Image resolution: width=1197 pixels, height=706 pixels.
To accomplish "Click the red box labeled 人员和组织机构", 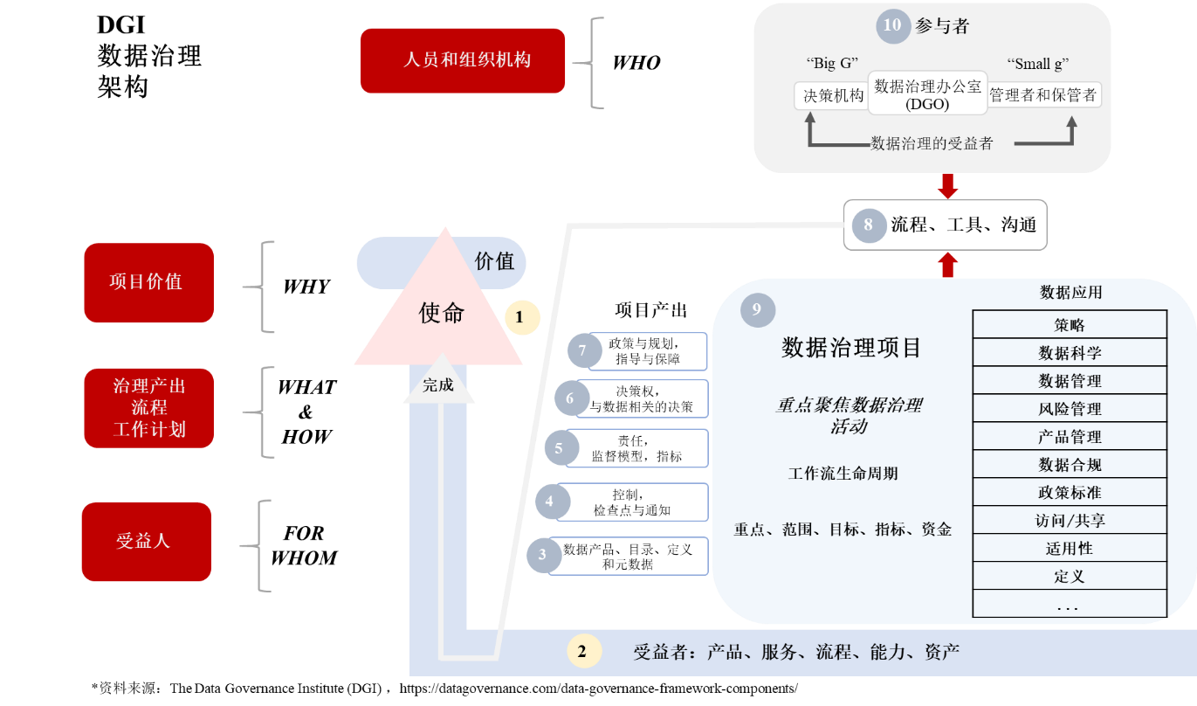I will pyautogui.click(x=463, y=60).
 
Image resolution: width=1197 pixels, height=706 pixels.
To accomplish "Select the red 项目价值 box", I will pyautogui.click(x=148, y=282).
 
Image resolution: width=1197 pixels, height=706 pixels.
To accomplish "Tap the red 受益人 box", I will pyautogui.click(x=146, y=541).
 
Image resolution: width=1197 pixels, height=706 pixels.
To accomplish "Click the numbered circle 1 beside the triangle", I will pyautogui.click(x=520, y=317).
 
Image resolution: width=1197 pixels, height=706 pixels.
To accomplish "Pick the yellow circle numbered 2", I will pyautogui.click(x=584, y=651).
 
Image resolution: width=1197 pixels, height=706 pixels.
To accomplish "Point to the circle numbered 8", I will pyautogui.click(x=868, y=225).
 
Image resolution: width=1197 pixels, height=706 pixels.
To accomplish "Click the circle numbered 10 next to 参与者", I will pyautogui.click(x=892, y=25).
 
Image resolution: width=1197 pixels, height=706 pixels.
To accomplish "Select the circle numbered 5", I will pyautogui.click(x=560, y=448).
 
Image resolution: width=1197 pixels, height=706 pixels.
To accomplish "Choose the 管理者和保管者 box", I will pyautogui.click(x=1044, y=95).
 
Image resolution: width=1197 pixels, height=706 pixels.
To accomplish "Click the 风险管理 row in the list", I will pyautogui.click(x=1070, y=409).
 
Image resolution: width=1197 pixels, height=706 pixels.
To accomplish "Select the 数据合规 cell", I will pyautogui.click(x=1070, y=465).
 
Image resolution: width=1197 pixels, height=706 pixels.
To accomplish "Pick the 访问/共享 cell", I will pyautogui.click(x=1070, y=521).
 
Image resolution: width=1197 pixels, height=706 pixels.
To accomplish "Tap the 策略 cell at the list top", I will pyautogui.click(x=1070, y=325).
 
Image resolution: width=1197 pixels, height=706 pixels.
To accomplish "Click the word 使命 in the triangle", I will pyautogui.click(x=442, y=313).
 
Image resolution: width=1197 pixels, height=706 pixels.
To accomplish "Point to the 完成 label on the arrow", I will pyautogui.click(x=438, y=384).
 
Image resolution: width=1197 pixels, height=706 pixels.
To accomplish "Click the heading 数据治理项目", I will pyautogui.click(x=851, y=348).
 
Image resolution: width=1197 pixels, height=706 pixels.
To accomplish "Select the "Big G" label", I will pyautogui.click(x=832, y=64).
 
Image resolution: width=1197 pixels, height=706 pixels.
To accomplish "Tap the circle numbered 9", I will pyautogui.click(x=757, y=309).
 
